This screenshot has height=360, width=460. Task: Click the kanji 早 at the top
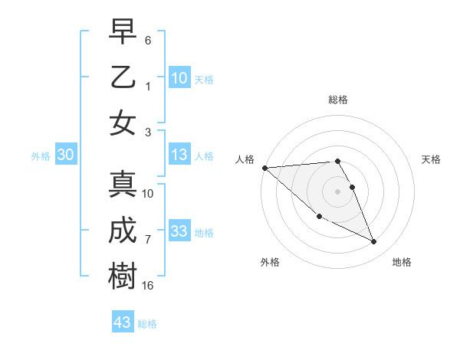(123, 32)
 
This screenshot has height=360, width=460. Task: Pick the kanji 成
(123, 231)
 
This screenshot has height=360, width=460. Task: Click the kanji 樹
(123, 276)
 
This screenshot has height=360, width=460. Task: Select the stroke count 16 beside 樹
(148, 285)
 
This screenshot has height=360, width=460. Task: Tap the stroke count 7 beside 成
(148, 239)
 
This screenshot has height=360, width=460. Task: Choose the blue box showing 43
(123, 322)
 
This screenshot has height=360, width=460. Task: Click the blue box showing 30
(66, 155)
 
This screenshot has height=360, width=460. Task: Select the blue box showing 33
(179, 231)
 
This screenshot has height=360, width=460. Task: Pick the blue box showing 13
(179, 155)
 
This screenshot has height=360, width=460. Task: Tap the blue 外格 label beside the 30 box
(41, 155)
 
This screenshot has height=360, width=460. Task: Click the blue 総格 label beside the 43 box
(147, 323)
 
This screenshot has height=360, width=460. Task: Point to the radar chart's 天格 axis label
(432, 159)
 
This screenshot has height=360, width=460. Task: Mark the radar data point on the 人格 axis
(264, 168)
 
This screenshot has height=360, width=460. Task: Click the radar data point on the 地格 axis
(374, 242)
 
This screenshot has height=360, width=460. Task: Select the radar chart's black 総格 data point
(337, 162)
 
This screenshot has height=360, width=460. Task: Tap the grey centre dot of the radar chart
(337, 191)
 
